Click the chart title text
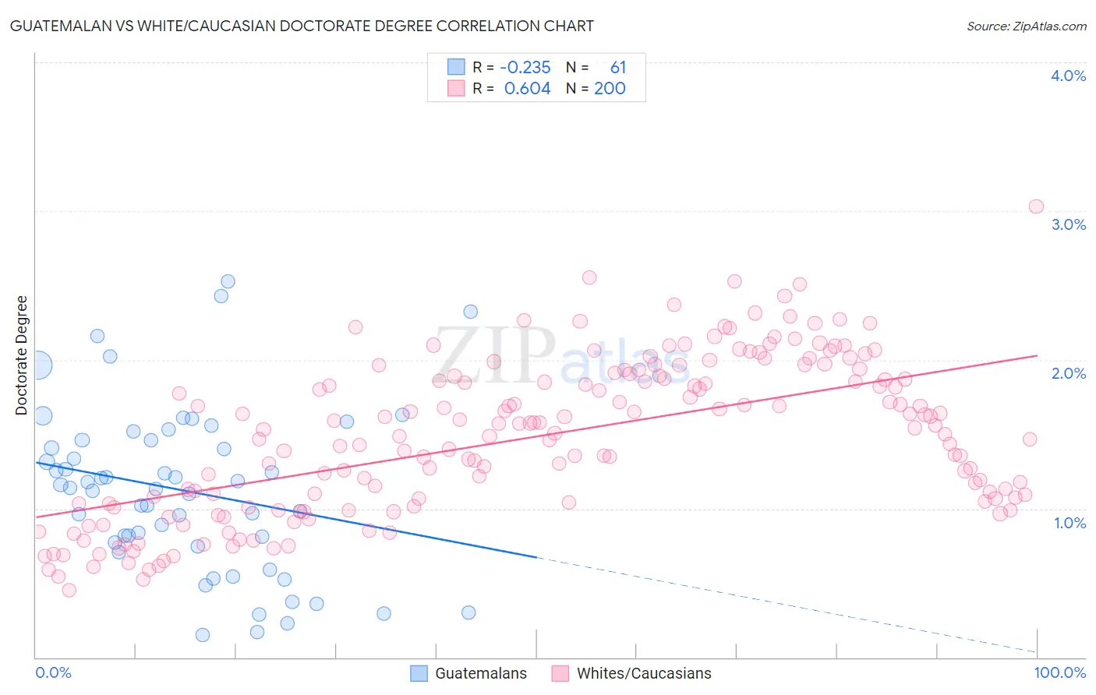pyautogui.click(x=301, y=26)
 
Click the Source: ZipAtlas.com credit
pyautogui.click(x=1026, y=26)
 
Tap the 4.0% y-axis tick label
pyautogui.click(x=1068, y=76)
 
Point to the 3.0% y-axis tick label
pyautogui.click(x=1068, y=224)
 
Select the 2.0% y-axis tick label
pyautogui.click(x=1068, y=373)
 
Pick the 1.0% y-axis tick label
pyautogui.click(x=1069, y=523)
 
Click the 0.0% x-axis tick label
pyautogui.click(x=53, y=672)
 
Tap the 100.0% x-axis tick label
pyautogui.click(x=1059, y=672)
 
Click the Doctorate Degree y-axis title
pyautogui.click(x=22, y=355)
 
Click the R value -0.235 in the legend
pyautogui.click(x=525, y=68)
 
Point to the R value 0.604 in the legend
pyautogui.click(x=527, y=89)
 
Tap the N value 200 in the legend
pyautogui.click(x=610, y=89)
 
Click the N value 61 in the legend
pyautogui.click(x=617, y=68)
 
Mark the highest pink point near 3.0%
pyautogui.click(x=1036, y=206)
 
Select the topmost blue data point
pyautogui.click(x=228, y=281)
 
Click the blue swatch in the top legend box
pyautogui.click(x=456, y=67)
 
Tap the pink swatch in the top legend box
pyautogui.click(x=456, y=88)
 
